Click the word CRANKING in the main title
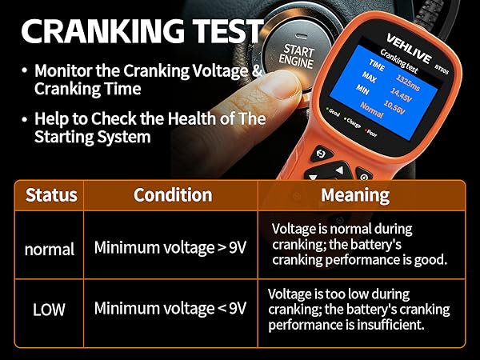(103, 31)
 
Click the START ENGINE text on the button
(297, 56)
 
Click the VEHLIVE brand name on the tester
(409, 49)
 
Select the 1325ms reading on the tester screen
(408, 82)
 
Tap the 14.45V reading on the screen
(402, 95)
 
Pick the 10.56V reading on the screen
(394, 107)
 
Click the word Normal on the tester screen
(372, 110)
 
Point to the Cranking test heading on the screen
(399, 62)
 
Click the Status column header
(51, 195)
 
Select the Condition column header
(173, 195)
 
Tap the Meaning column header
(355, 196)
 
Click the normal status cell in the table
(50, 249)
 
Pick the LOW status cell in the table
(49, 310)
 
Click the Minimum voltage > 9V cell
(170, 247)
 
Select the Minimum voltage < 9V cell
(170, 308)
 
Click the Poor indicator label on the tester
(372, 134)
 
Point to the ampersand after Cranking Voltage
(258, 70)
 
